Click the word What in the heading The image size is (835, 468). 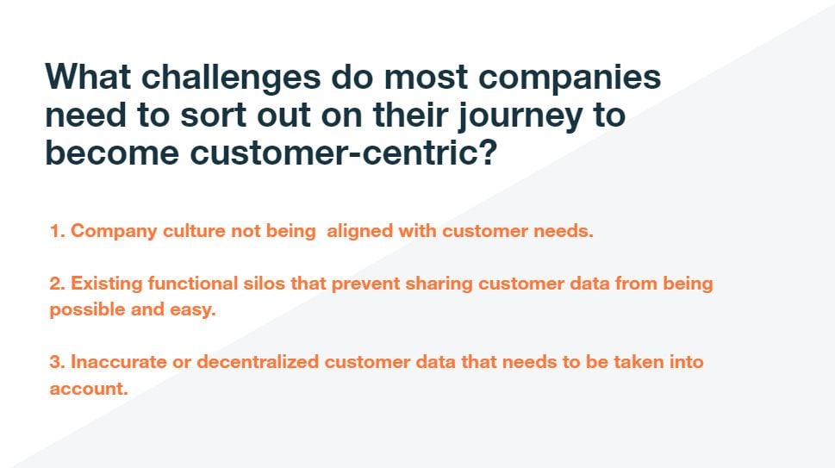86,78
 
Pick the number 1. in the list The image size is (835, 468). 58,232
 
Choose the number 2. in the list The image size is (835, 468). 58,284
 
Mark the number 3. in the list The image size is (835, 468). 58,362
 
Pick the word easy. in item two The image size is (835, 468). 192,310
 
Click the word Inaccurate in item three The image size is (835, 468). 118,362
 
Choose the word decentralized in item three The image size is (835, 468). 258,362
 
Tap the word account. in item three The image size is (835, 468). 88,389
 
